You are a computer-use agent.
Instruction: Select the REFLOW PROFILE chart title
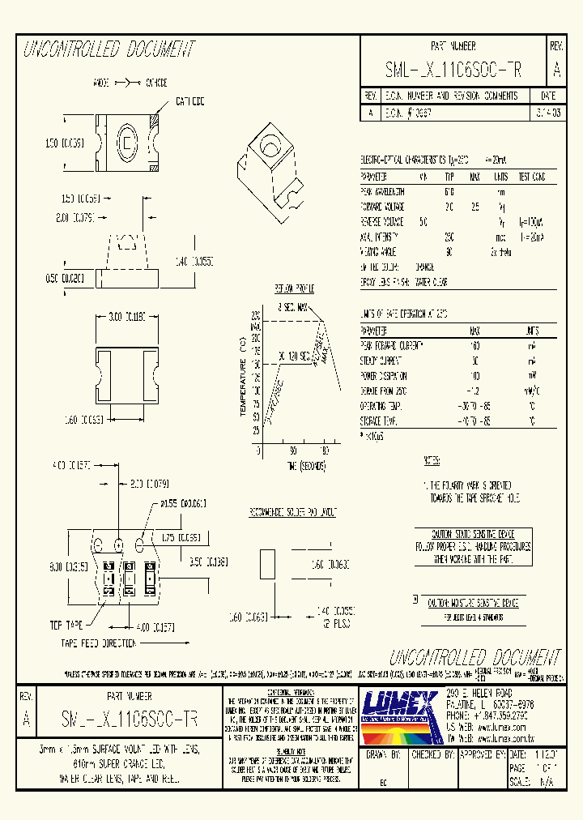(x=293, y=288)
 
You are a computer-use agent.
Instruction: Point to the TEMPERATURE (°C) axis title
(x=242, y=377)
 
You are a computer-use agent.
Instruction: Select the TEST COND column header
(x=531, y=177)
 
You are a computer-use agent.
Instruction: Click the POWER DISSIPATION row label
(x=384, y=376)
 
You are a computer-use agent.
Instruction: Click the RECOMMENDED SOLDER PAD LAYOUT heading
(x=293, y=514)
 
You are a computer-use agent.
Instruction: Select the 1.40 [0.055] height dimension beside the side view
(x=192, y=261)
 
